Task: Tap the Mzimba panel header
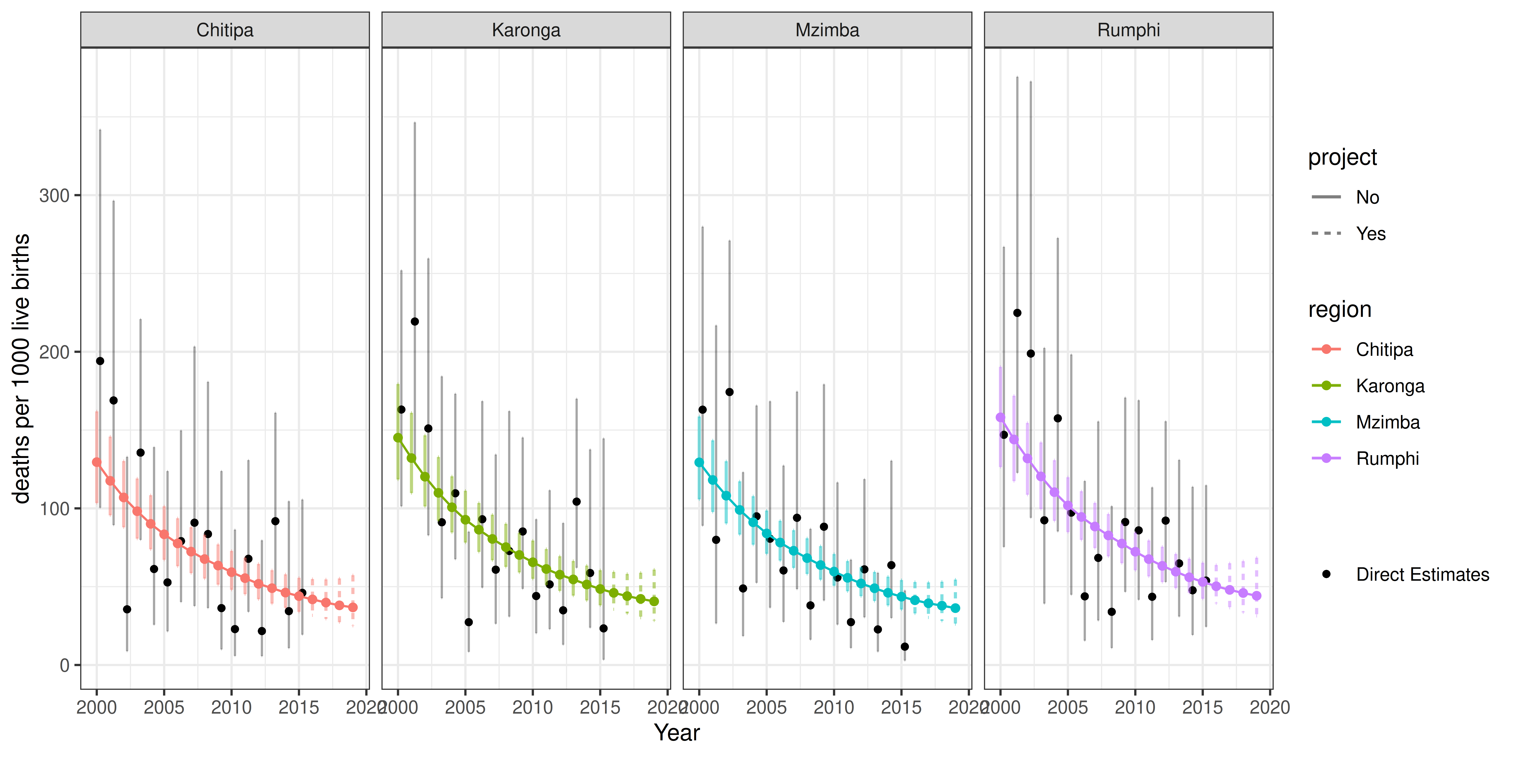pos(827,30)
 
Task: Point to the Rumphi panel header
pos(1128,30)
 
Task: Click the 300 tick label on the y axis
pos(54,196)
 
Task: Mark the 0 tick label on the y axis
pos(65,665)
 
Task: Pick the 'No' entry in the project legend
pos(1367,197)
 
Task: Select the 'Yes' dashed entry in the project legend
pos(1370,234)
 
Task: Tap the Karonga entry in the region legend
pos(1390,386)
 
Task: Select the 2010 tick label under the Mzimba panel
pos(833,707)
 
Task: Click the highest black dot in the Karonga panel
pos(415,322)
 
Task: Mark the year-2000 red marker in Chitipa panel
pos(97,462)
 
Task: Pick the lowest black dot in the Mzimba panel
pos(905,646)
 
